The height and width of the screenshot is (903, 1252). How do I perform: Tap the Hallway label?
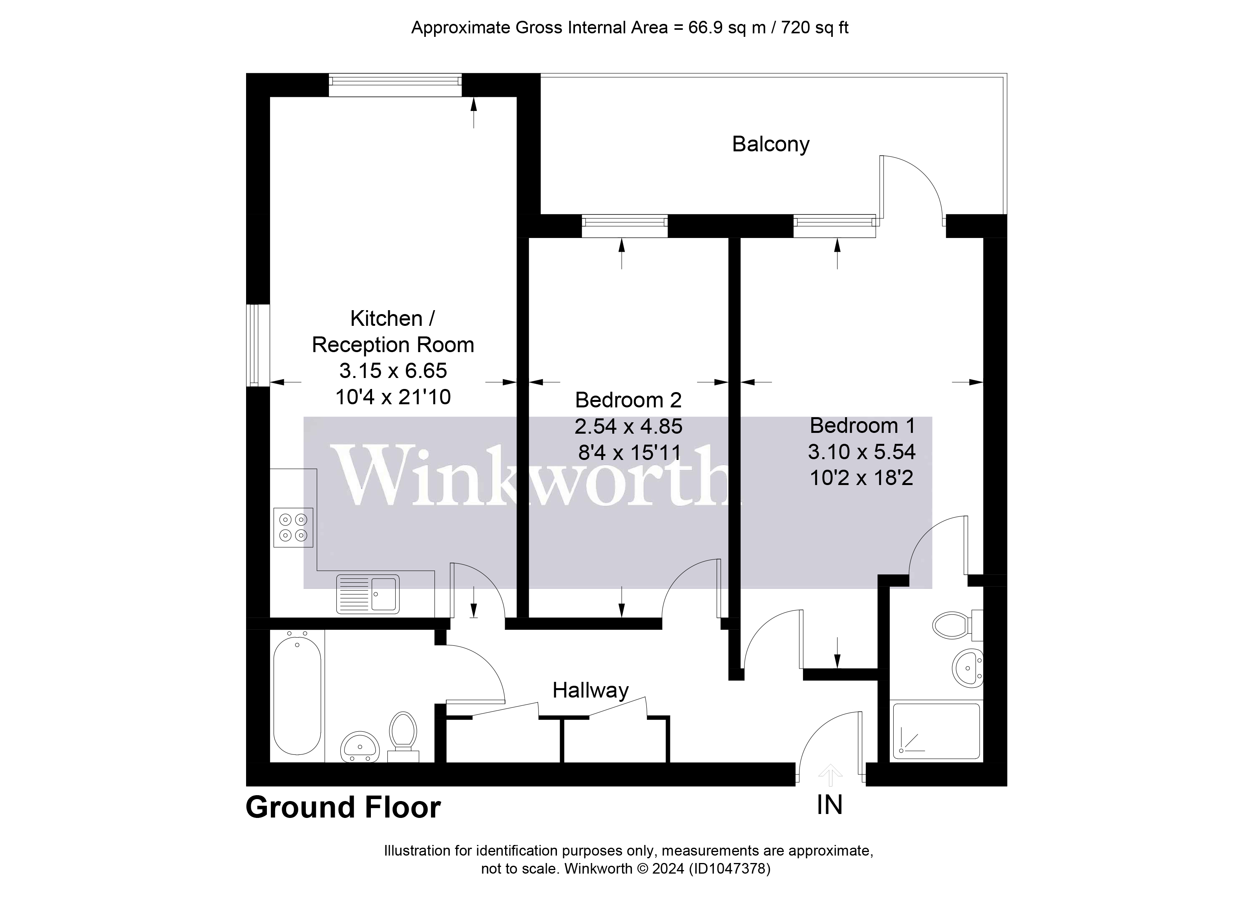point(590,690)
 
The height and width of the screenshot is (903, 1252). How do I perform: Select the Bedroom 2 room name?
point(628,400)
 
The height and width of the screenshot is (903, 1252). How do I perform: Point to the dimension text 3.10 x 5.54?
point(862,452)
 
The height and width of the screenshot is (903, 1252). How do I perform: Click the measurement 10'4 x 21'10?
point(393,397)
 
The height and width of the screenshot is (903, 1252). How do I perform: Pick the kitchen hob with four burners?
point(293,527)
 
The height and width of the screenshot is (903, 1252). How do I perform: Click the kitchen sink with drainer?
point(368,594)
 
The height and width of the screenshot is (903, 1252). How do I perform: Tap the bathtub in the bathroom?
point(297,695)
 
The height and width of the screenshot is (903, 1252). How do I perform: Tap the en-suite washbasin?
point(967,669)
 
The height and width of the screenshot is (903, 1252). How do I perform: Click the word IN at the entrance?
point(829,806)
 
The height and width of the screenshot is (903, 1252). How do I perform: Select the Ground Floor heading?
point(343,808)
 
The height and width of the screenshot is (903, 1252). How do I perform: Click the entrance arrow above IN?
point(830,775)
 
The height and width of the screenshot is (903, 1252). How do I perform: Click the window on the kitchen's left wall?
point(258,345)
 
